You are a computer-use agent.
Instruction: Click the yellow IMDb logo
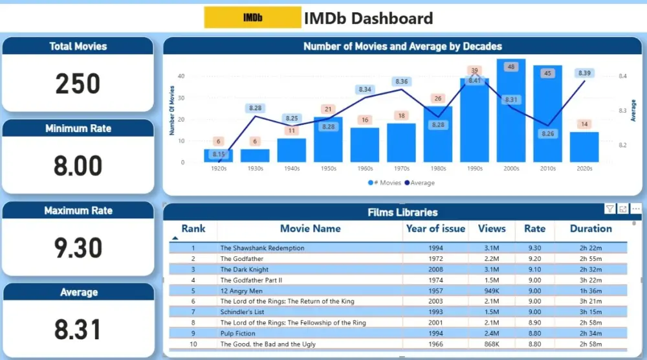[252, 17]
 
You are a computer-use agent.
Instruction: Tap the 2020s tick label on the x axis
[584, 168]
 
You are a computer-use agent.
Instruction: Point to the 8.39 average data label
[584, 73]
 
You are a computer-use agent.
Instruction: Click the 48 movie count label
[510, 67]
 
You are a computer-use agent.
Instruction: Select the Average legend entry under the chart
[420, 183]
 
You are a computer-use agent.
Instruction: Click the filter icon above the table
[609, 208]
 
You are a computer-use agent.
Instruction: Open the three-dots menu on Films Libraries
[636, 208]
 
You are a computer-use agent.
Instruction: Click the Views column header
[491, 229]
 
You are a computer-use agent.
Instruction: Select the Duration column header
[591, 229]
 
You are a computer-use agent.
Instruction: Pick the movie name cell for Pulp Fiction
[237, 333]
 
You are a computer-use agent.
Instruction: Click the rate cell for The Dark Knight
[534, 269]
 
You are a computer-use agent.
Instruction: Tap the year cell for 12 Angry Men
[435, 291]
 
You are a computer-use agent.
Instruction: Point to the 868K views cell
[491, 344]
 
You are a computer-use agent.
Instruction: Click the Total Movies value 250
[78, 84]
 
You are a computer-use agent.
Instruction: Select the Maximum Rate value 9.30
[78, 248]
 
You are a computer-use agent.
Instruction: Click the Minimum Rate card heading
[78, 128]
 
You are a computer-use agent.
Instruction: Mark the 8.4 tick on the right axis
[622, 76]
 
